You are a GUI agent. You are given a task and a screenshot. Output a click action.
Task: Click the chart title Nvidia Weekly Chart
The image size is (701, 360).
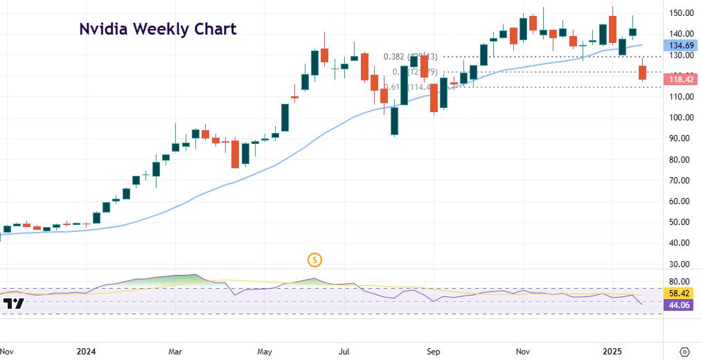pyautogui.click(x=157, y=29)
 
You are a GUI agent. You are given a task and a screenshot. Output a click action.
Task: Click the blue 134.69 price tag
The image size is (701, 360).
pyautogui.click(x=682, y=45)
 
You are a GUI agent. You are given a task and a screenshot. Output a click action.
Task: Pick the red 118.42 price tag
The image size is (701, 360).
pyautogui.click(x=682, y=80)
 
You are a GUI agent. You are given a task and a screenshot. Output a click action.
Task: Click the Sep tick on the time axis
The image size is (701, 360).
pyautogui.click(x=433, y=351)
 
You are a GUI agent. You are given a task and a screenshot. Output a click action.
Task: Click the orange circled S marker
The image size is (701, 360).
pyautogui.click(x=315, y=260)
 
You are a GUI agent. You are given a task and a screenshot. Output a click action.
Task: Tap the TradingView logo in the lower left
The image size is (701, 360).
pyautogui.click(x=13, y=303)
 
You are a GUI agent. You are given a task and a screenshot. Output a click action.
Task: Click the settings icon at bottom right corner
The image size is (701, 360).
pyautogui.click(x=684, y=351)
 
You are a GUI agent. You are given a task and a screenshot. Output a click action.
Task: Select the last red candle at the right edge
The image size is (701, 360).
pyautogui.click(x=643, y=72)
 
